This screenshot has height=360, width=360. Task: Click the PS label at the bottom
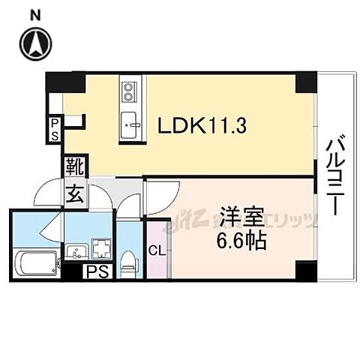coord(97,271)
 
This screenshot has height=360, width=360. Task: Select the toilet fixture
coord(128,262)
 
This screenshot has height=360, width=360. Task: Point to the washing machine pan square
coord(100,249)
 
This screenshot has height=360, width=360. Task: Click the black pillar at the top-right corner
coord(306,82)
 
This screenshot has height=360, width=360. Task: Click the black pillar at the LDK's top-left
coord(53,82)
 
